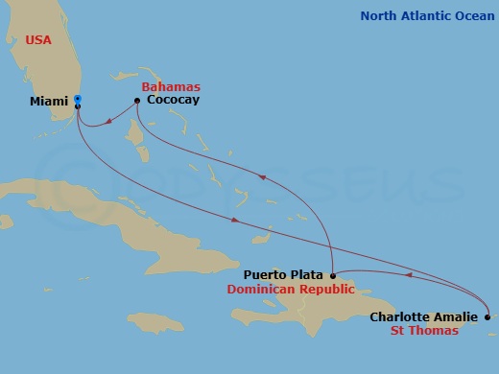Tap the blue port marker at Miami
pos(77,98)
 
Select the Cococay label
pos(173,99)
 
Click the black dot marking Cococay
pos(137,99)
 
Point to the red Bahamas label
pos(168,86)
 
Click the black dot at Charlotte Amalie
pos(487,317)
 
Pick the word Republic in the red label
pos(325,289)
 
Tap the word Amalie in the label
pos(456,317)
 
